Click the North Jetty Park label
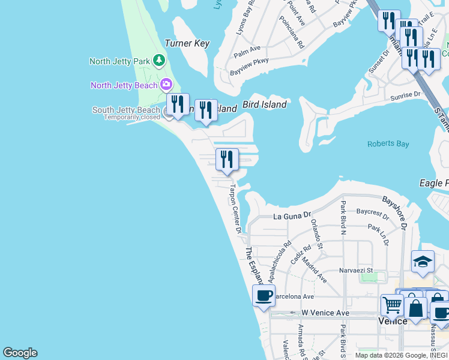(x=119, y=61)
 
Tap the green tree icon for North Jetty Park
(x=158, y=60)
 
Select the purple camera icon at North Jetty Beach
(x=166, y=85)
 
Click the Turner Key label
(x=187, y=44)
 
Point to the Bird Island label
(x=264, y=104)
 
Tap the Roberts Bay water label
(x=388, y=144)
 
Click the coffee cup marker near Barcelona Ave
(x=264, y=296)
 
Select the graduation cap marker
(x=423, y=262)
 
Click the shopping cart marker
(x=392, y=305)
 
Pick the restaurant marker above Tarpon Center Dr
(x=227, y=160)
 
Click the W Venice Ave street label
(x=325, y=313)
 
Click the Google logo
(x=20, y=353)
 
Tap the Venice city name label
(x=393, y=321)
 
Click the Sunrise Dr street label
(x=405, y=95)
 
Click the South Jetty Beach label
(x=126, y=110)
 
